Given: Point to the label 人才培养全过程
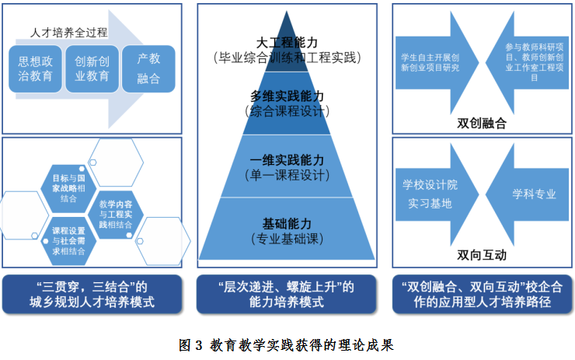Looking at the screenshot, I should [x=69, y=33].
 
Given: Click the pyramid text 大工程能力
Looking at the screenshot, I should [x=287, y=42].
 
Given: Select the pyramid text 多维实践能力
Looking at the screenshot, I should [x=287, y=96].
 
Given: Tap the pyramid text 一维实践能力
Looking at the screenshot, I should [x=287, y=160].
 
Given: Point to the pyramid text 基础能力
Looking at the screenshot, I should [x=287, y=221].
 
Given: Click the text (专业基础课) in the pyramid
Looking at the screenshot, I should [x=287, y=236].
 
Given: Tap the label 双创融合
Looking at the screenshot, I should [x=482, y=122].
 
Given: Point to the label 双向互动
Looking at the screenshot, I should [x=482, y=254].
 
